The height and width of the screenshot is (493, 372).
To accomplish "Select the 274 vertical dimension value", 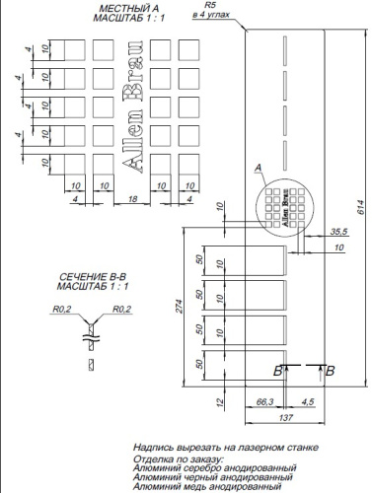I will [x=178, y=307].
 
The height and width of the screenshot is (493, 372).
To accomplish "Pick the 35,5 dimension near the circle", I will [x=340, y=231].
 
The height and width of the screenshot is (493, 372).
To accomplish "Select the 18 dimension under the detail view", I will [x=117, y=199].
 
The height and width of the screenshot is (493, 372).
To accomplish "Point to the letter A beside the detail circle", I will [x=259, y=169].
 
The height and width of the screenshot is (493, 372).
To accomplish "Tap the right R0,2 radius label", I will [x=122, y=309].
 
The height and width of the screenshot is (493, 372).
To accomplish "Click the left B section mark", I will [x=279, y=370].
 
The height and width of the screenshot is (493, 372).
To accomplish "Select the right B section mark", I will [x=330, y=370].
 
